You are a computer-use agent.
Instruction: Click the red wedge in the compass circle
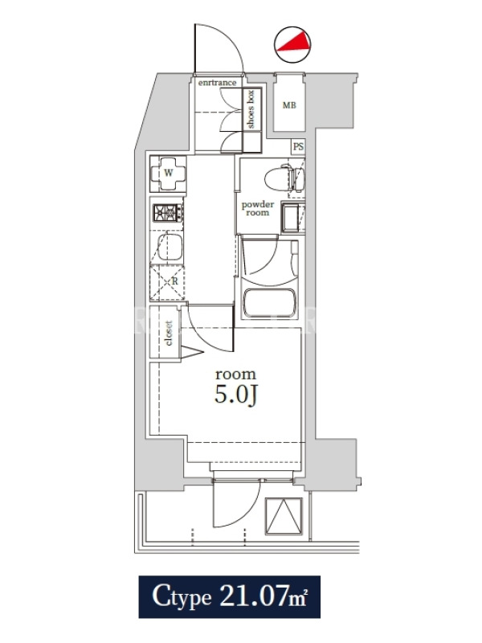(x=293, y=42)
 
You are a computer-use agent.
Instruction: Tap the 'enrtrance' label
(x=217, y=83)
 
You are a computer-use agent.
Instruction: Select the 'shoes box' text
(x=251, y=109)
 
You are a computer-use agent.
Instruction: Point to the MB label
(x=289, y=105)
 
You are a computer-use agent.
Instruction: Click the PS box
(x=298, y=146)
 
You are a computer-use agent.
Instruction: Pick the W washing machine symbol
(x=169, y=174)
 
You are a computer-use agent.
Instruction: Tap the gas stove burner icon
(x=168, y=213)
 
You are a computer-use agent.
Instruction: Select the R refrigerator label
(x=175, y=282)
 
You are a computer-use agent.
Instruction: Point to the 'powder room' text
(x=258, y=208)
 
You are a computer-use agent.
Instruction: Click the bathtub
(x=269, y=303)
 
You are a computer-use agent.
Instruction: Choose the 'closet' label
(x=169, y=333)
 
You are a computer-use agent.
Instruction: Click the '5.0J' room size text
(x=235, y=395)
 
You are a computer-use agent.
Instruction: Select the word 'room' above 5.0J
(x=235, y=374)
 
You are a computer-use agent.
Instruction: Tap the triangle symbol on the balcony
(x=284, y=516)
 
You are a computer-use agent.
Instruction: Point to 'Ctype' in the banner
(x=182, y=597)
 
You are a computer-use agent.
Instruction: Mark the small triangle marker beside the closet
(x=191, y=352)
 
